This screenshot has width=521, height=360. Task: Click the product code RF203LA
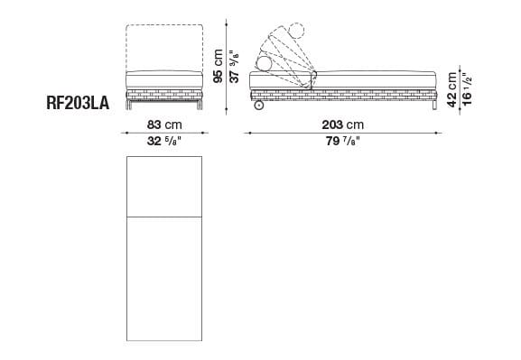[x=77, y=103]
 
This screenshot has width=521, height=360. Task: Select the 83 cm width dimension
[x=165, y=124]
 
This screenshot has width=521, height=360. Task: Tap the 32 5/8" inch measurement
[x=165, y=141]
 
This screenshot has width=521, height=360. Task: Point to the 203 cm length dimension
[x=343, y=124]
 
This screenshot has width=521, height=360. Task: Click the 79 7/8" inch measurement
[x=343, y=141]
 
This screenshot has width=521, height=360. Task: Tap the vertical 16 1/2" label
[x=469, y=87]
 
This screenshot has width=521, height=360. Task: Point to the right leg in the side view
[x=435, y=105]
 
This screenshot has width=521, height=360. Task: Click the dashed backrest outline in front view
[x=164, y=45]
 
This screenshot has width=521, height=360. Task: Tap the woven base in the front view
[x=164, y=93]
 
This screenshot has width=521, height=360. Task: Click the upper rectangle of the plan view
[x=164, y=186]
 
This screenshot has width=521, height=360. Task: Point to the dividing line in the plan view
[x=164, y=217]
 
